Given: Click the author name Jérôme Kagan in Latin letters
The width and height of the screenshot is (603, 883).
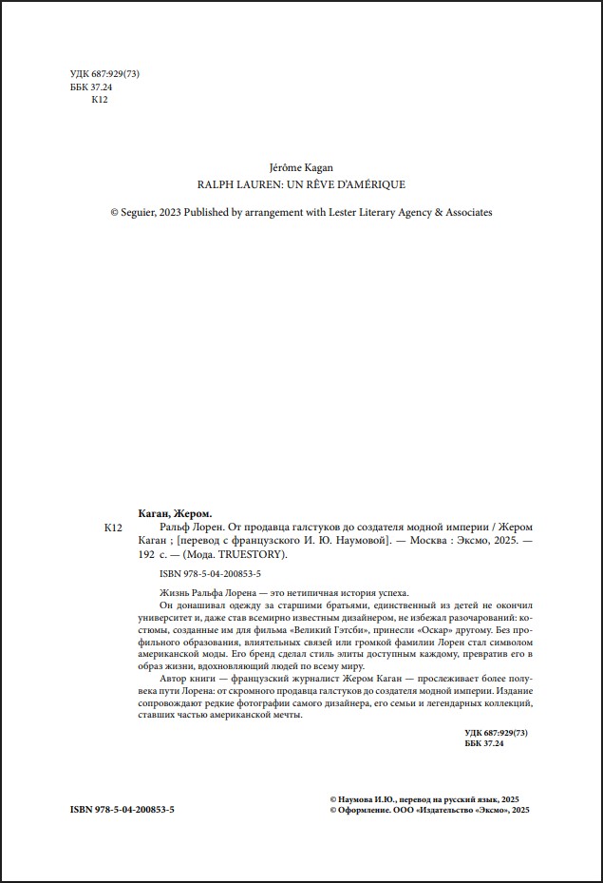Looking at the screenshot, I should click(301, 166).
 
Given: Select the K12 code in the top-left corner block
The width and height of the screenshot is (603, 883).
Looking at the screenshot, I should click(99, 102).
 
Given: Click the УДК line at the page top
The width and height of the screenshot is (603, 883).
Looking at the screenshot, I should click(105, 73).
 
